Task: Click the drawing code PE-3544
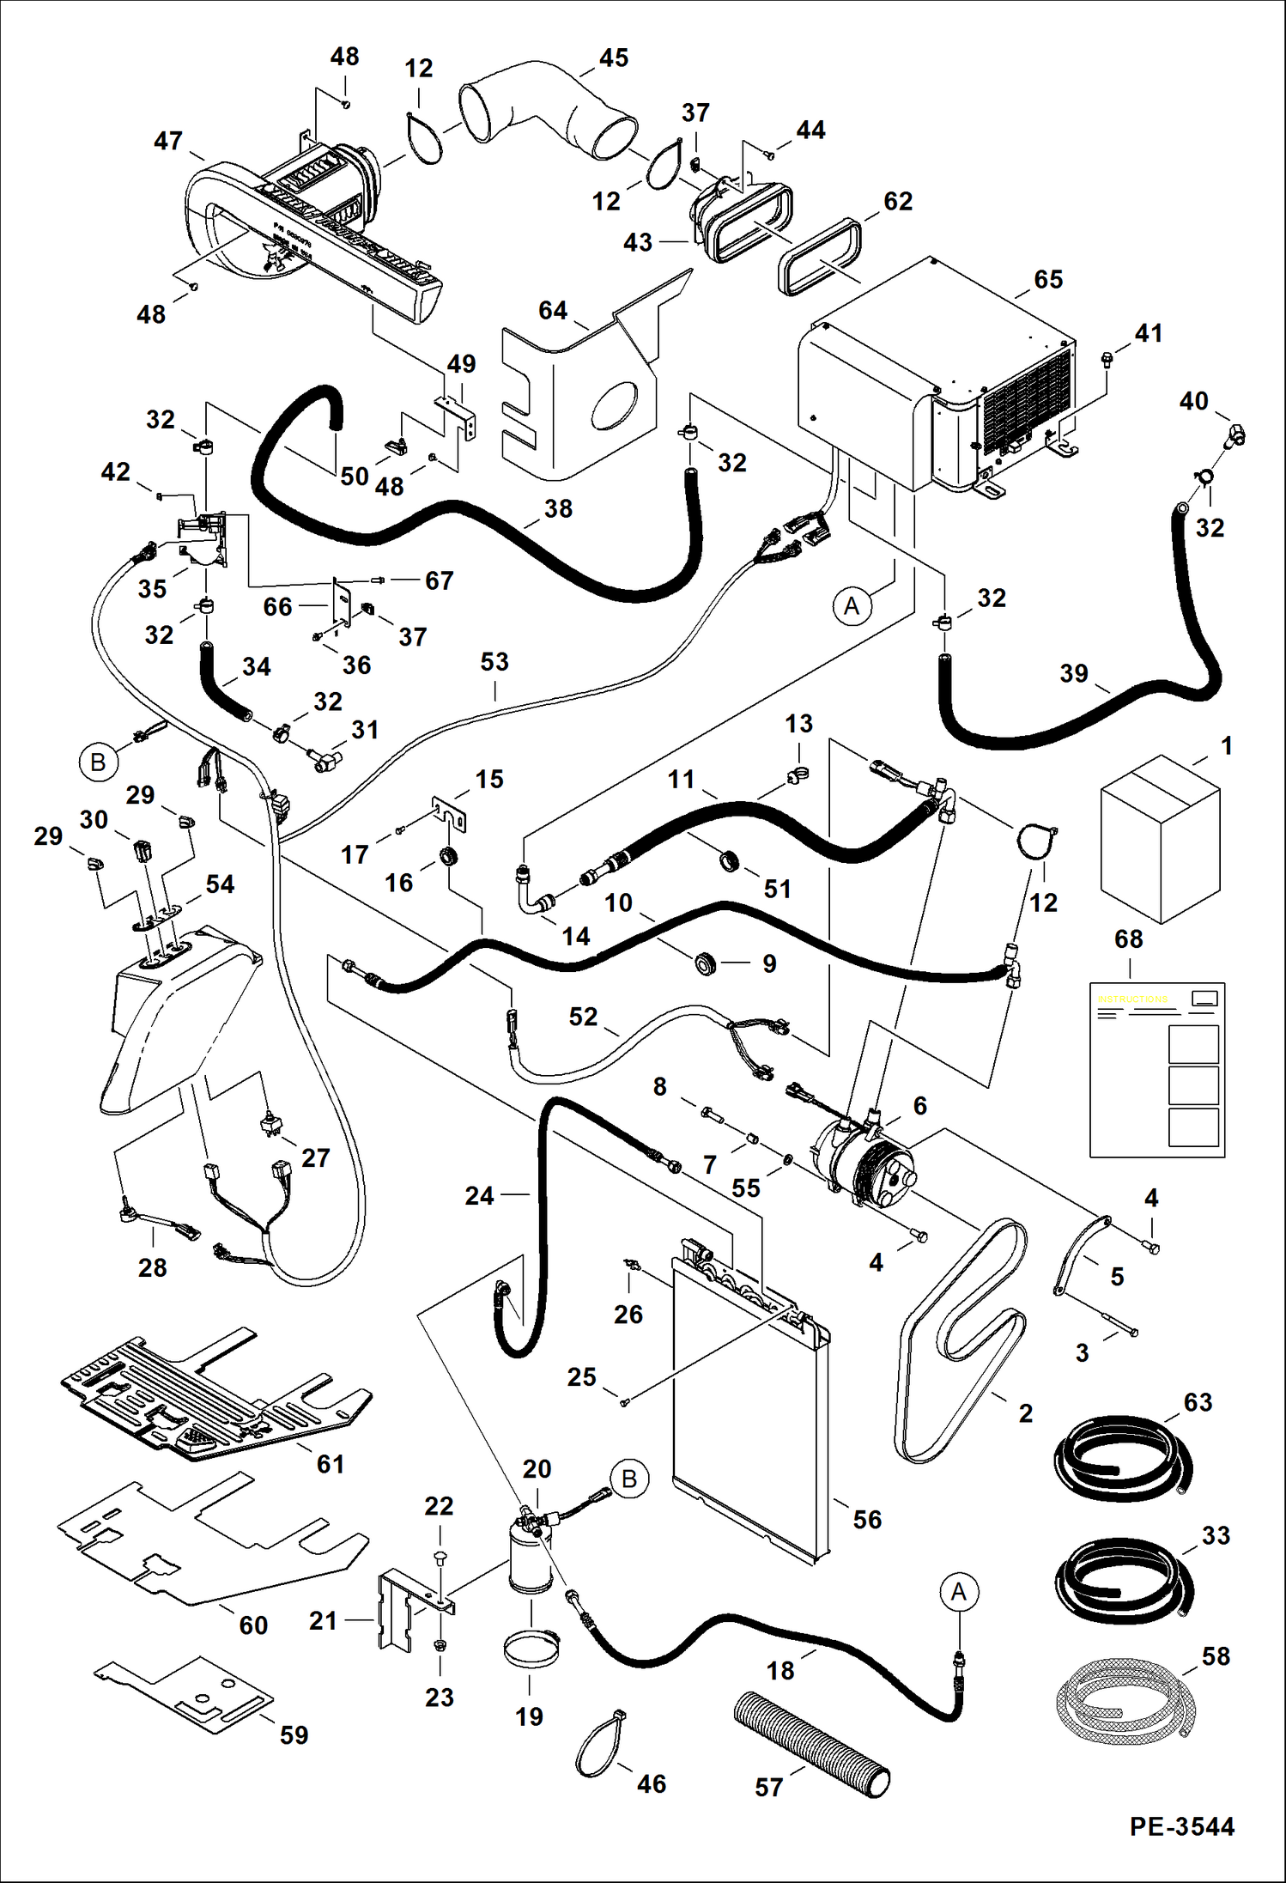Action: pyautogui.click(x=1181, y=1826)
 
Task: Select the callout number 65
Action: pyautogui.click(x=1048, y=280)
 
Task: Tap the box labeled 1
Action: pyautogui.click(x=1160, y=837)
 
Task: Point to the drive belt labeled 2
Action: pyautogui.click(x=961, y=1339)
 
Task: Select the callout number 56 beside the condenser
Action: pyautogui.click(x=867, y=1519)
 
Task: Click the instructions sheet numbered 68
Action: pyautogui.click(x=1156, y=1069)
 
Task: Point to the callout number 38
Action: pyautogui.click(x=558, y=508)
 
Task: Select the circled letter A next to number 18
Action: pyautogui.click(x=959, y=1592)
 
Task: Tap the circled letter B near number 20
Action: pyautogui.click(x=628, y=1479)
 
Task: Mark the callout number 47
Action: pyautogui.click(x=168, y=141)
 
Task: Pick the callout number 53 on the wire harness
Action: pyautogui.click(x=494, y=662)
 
